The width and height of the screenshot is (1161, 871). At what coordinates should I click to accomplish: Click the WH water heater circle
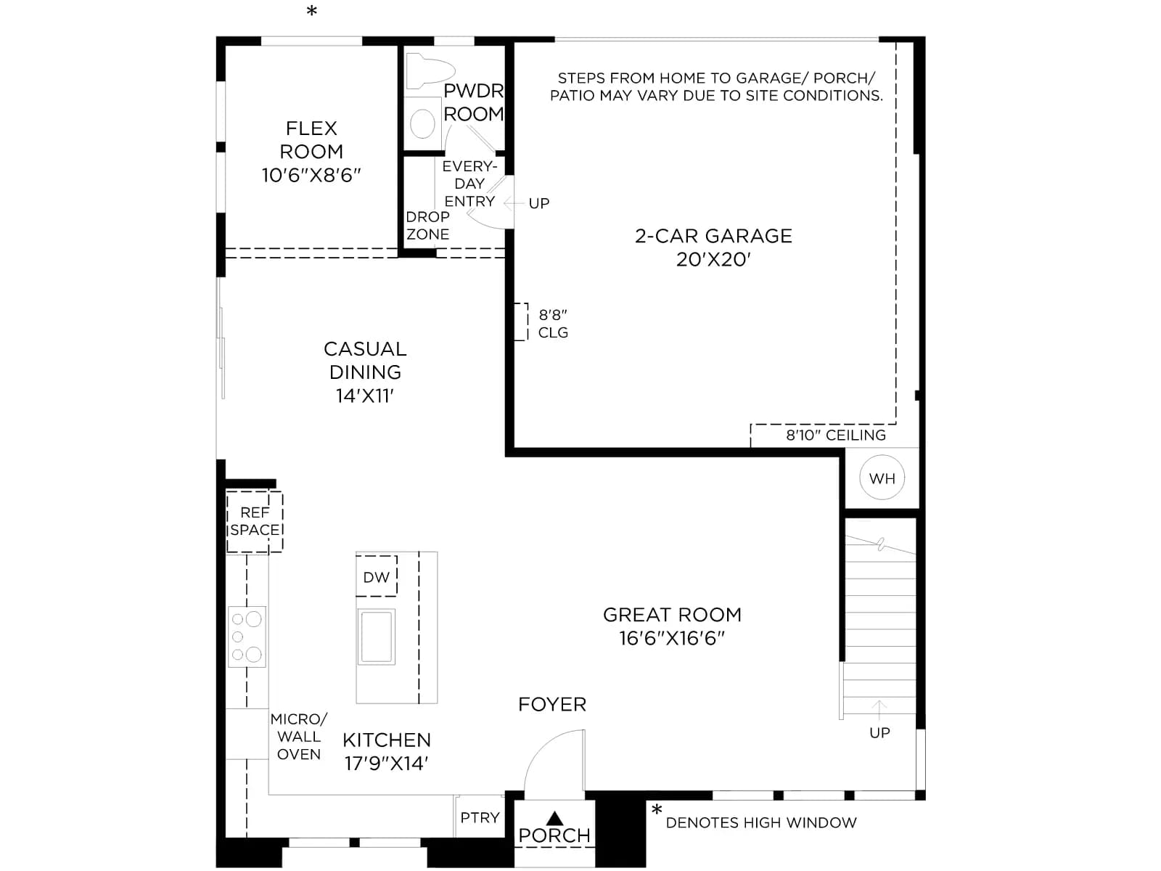pos(882,478)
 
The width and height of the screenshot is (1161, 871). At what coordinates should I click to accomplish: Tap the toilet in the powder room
pos(430,71)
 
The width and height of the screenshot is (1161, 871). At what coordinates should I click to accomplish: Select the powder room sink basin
pos(422,123)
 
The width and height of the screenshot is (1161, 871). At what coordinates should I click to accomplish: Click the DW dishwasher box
pos(376,576)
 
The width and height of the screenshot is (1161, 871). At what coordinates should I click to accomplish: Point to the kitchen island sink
pos(376,637)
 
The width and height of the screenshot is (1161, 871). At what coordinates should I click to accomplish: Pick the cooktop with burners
pos(247,637)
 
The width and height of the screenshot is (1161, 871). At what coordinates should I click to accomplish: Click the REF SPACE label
pos(255,521)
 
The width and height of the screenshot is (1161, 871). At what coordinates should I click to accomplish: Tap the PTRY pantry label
pos(480,817)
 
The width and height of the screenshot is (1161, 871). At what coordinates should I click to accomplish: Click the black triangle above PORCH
pos(554,819)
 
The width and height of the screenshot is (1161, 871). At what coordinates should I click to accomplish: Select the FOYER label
pos(552,704)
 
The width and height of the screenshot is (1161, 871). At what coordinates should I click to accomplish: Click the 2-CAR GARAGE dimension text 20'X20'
pos(713,259)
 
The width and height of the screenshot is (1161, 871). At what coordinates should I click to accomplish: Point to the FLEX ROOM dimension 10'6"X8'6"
pos(311,175)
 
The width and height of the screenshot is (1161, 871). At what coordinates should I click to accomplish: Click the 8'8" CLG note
pos(553,324)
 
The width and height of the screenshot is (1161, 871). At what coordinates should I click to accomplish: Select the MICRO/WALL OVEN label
pos(299,737)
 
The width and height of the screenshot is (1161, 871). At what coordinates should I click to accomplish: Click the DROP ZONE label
pos(427,225)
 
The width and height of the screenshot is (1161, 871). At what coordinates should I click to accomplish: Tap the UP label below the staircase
pos(879,732)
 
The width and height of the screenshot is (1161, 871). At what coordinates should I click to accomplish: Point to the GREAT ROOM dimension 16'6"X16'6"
pos(672,638)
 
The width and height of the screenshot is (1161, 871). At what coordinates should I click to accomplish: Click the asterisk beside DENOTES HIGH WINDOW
pos(657,809)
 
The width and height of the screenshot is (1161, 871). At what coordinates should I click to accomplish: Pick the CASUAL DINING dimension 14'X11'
pos(365,396)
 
